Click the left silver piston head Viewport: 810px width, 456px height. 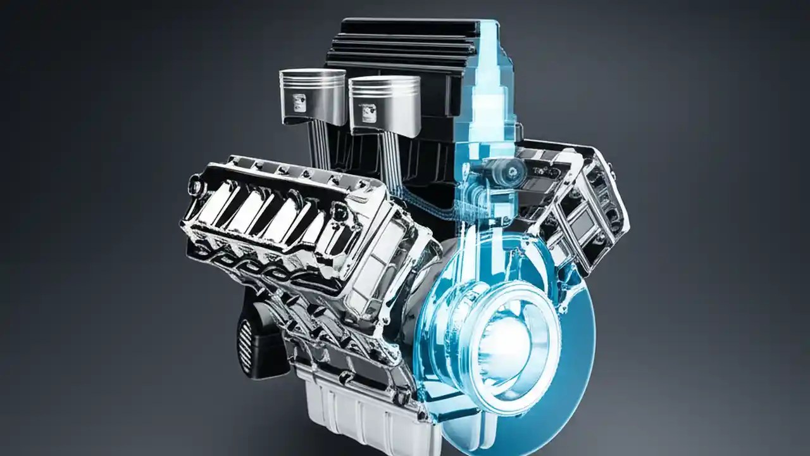(312, 95)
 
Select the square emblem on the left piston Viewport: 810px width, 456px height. (299, 101)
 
